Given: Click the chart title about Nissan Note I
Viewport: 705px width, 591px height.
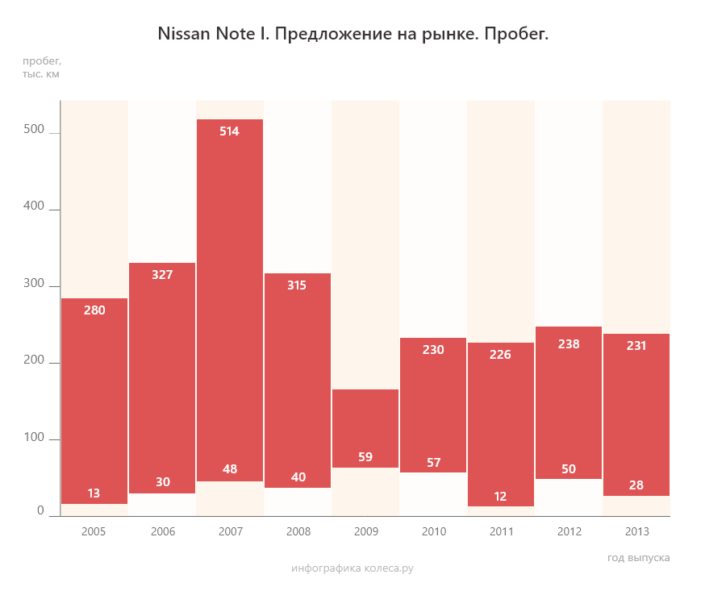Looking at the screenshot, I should point(352,35).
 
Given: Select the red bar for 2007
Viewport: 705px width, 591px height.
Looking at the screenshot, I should point(230,298).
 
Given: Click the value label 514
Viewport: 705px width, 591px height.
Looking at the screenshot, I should point(230,131).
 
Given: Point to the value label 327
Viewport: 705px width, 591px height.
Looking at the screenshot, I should point(162,275).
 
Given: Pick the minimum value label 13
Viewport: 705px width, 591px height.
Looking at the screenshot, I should point(94,493).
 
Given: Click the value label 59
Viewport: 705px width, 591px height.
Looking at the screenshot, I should point(365,457).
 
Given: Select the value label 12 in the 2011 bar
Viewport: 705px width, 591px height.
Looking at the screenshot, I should point(501,497).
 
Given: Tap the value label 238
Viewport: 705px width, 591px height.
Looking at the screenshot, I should point(569,343).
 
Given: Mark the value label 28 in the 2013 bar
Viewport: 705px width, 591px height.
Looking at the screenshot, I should point(636,485).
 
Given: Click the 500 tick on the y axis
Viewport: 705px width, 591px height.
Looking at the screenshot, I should point(35,131).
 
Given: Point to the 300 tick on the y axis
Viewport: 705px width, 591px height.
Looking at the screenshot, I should point(35,285).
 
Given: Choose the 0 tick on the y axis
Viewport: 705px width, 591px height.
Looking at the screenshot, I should point(40,511).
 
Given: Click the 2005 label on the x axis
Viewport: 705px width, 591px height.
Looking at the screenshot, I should point(94,532).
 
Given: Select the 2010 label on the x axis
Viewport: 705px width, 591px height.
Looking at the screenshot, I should point(433,532).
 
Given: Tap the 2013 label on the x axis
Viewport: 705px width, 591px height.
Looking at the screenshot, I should point(636,532).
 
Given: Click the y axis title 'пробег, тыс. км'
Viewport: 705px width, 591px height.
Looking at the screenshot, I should point(41,68).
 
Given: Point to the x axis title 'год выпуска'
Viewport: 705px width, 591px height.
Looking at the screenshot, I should point(638,558).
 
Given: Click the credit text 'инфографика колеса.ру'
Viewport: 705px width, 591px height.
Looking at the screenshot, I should point(352,568).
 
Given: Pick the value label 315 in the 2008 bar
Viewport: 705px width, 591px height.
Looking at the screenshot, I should point(298,285).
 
